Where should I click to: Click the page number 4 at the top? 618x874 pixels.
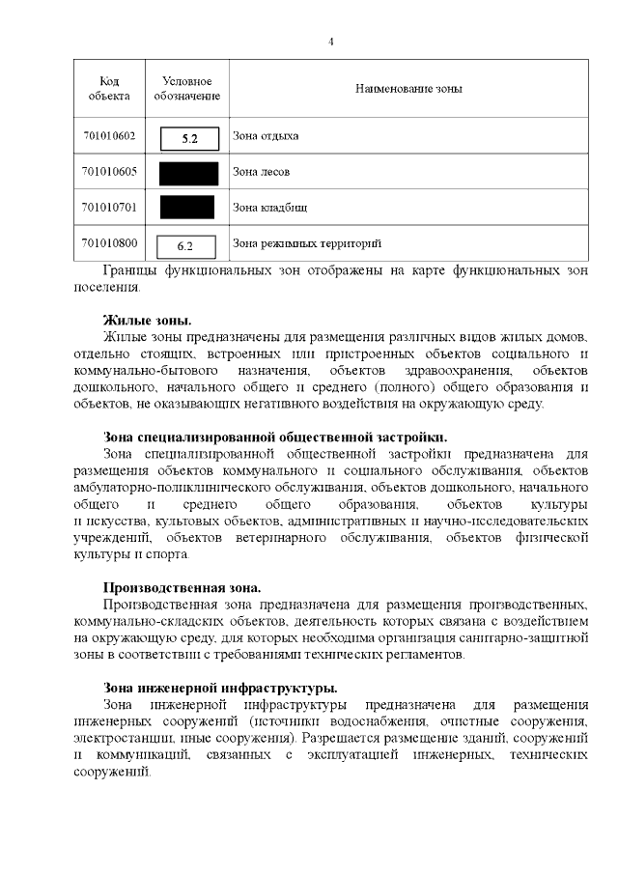331,42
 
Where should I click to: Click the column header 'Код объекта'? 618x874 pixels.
108,88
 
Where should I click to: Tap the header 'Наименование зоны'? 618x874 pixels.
407,89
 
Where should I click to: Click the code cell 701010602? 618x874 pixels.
108,136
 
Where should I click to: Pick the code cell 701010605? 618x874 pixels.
108,172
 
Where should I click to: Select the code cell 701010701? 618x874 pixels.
108,207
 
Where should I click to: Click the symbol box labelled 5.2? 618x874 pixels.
188,138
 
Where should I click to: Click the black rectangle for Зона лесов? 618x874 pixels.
187,173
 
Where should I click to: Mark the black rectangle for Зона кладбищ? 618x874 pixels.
187,208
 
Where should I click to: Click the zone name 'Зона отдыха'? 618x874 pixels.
266,136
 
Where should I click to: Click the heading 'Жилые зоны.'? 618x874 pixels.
148,320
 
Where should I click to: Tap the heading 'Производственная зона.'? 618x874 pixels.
183,586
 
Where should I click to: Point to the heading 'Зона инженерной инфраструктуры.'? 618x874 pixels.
220,688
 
